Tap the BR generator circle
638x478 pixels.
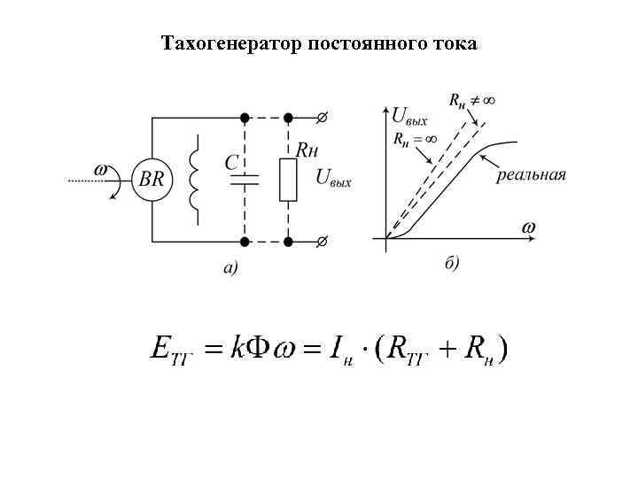[152, 178]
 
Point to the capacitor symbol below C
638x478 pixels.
[243, 180]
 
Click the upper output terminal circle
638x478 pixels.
[322, 116]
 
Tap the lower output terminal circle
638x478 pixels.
[322, 241]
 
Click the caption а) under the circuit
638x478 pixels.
[230, 266]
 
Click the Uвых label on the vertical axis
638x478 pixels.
[409, 114]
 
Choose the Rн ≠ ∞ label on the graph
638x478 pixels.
[470, 100]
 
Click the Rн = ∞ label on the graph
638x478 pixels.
[414, 138]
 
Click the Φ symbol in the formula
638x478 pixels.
[258, 349]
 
